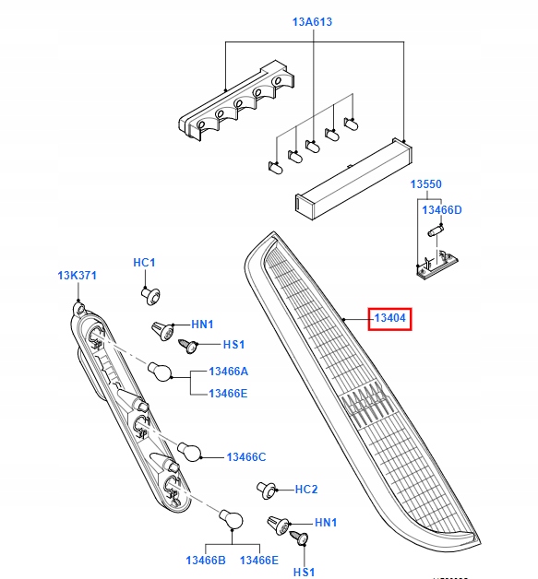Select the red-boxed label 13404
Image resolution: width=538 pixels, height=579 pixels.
coord(390,319)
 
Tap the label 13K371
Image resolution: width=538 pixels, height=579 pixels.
coord(77,276)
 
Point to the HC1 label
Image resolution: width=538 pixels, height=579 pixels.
coord(144,263)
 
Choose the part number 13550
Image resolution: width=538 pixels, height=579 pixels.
coord(426,184)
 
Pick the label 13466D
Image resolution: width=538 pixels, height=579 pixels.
coord(442,210)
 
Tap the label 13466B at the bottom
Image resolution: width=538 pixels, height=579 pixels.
coord(205,560)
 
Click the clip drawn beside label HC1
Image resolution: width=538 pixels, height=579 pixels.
coord(151,294)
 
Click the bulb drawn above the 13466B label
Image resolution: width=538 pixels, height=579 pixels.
coord(231,520)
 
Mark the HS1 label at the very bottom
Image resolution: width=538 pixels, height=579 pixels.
coord(304,572)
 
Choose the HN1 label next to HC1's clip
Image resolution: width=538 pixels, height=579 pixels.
coord(202,325)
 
